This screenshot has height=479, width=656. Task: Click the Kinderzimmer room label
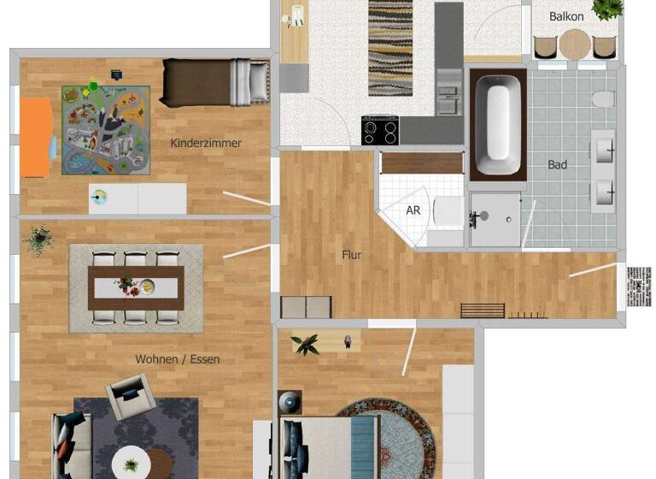click(x=206, y=143)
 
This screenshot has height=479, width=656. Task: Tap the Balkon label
click(x=566, y=16)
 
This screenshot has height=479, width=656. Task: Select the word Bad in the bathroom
click(x=557, y=165)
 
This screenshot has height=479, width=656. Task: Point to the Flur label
click(x=351, y=255)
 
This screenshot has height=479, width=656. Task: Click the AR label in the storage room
click(x=413, y=210)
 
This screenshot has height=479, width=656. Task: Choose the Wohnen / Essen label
click(x=177, y=359)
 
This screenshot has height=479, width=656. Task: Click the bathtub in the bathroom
click(x=497, y=125)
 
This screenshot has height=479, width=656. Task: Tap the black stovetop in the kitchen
click(x=380, y=131)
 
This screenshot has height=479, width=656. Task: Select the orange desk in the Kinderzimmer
click(x=35, y=137)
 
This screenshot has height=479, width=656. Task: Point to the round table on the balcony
click(x=576, y=43)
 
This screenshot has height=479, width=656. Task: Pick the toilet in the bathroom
click(x=603, y=99)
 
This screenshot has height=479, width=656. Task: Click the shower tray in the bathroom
click(x=495, y=219)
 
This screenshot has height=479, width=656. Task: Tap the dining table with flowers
click(x=136, y=286)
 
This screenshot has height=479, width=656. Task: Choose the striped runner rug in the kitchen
click(x=390, y=48)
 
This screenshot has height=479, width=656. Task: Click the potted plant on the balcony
click(x=607, y=9)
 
